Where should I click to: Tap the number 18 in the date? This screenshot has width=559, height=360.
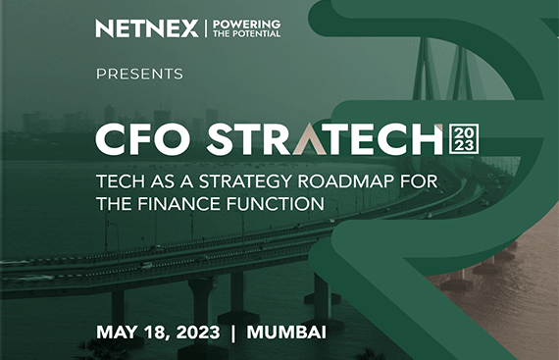pos(154,331)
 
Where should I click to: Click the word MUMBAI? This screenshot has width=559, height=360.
pos(286,331)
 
